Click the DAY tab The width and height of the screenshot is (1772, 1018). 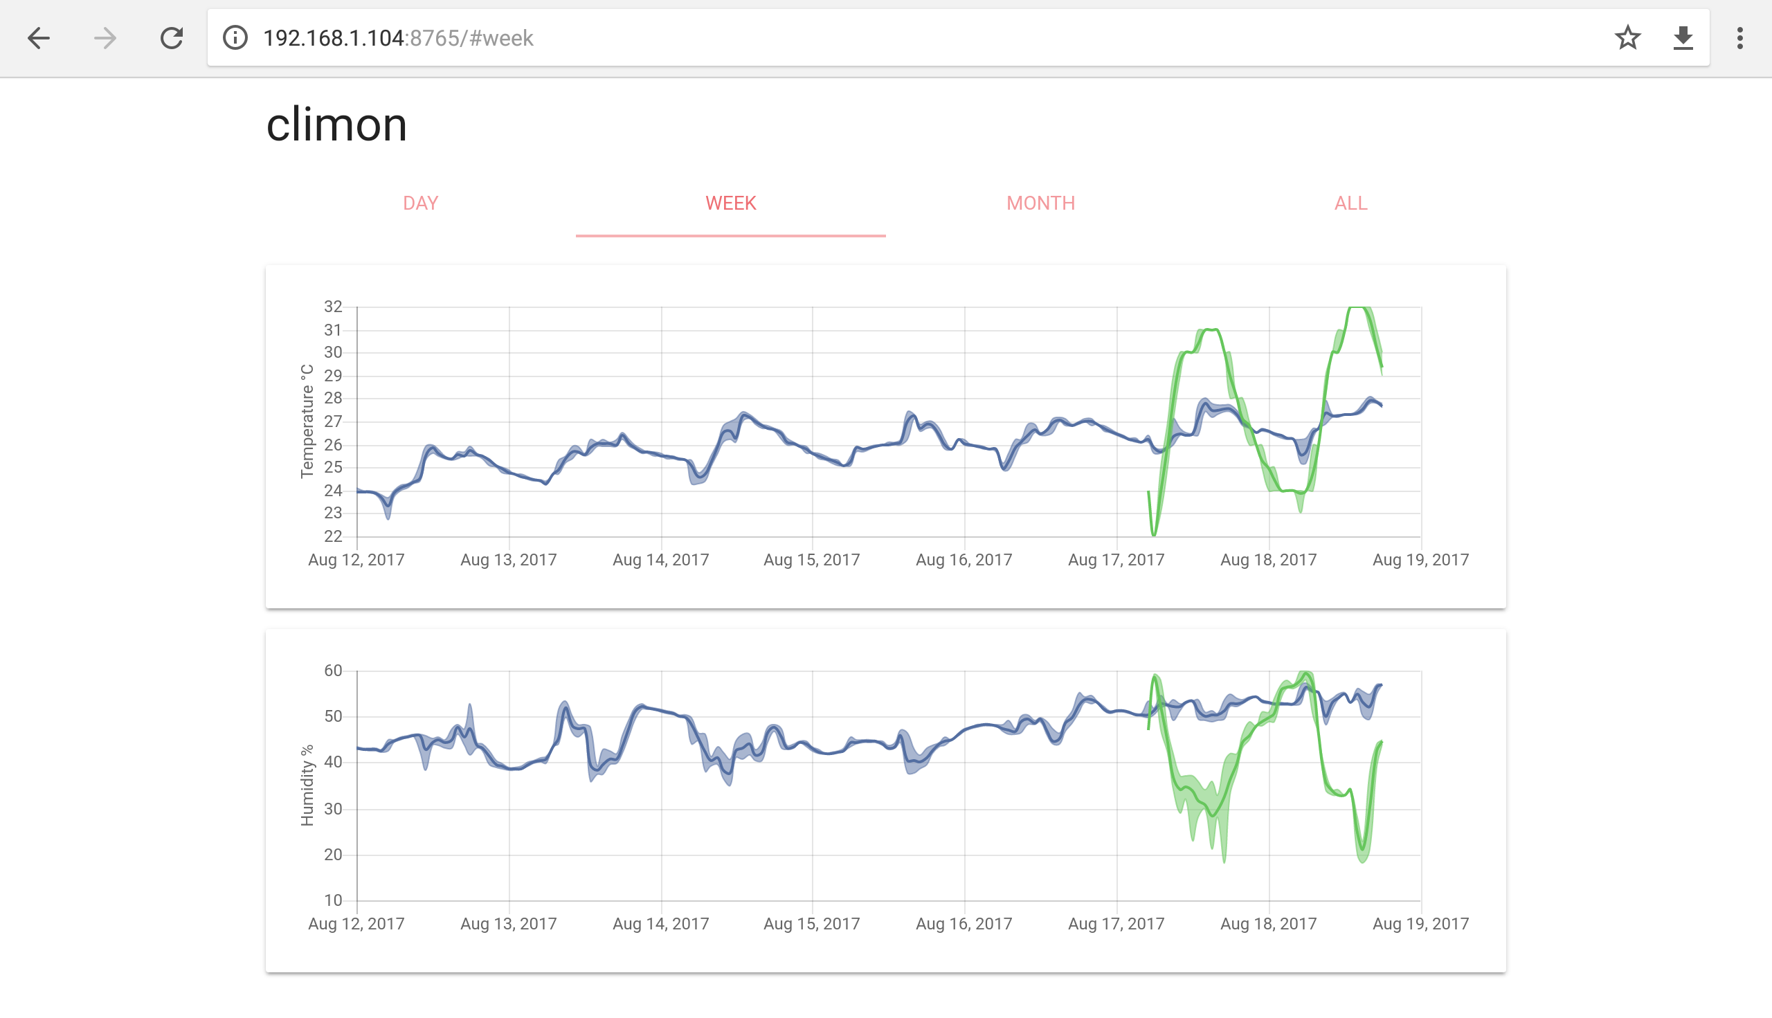(420, 203)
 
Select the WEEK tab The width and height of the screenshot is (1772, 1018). (730, 203)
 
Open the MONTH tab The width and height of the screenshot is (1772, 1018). (1040, 203)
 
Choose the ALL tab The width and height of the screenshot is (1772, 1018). (1350, 203)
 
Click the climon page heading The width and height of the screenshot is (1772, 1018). (336, 125)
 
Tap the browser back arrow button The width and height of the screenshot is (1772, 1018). (39, 38)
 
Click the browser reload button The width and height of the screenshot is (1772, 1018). (172, 38)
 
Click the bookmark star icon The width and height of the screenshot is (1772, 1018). (1627, 38)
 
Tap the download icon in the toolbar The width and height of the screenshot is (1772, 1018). (1683, 38)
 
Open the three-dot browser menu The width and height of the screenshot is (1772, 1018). (1740, 38)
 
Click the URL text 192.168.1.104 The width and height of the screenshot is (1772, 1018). (333, 38)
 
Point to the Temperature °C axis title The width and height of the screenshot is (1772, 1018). (307, 421)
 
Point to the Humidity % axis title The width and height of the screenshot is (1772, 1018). (307, 785)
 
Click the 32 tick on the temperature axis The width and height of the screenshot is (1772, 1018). (333, 307)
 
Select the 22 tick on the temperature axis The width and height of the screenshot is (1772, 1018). (333, 536)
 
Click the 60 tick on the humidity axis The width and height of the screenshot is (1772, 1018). (333, 671)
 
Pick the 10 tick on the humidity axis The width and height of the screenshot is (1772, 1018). (333, 900)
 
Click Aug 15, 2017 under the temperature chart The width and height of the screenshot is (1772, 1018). (811, 560)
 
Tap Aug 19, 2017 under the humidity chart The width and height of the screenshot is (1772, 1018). (1420, 924)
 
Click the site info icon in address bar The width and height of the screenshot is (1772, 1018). (235, 38)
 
